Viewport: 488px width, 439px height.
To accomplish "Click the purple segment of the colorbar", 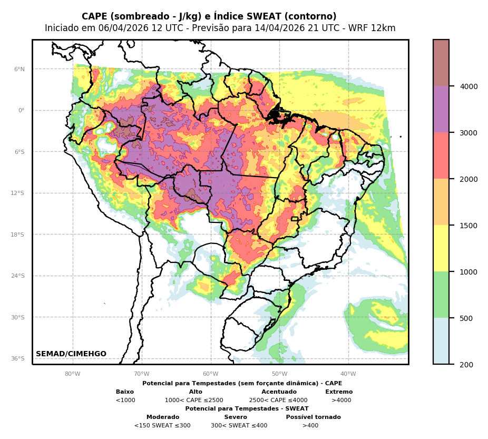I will [x=441, y=109].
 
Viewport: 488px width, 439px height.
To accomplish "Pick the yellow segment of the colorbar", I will [x=441, y=248].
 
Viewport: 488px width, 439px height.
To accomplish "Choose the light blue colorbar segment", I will [x=441, y=341].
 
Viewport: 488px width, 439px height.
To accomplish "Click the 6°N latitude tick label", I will [x=19, y=69].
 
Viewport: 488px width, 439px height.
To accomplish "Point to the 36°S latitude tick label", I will [x=18, y=358].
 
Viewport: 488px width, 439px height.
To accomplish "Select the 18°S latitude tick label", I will [x=18, y=235].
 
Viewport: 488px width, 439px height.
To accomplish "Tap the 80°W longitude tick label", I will [x=73, y=374].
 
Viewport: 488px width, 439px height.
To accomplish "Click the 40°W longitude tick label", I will [x=348, y=374].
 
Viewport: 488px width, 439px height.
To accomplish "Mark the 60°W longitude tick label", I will [x=211, y=374].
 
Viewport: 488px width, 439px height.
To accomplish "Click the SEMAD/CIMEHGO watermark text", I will [x=71, y=354].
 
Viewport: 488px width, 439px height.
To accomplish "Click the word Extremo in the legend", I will [x=339, y=392].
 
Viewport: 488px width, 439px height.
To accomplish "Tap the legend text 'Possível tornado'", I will [x=313, y=417].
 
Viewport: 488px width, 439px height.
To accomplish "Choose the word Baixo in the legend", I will [x=125, y=392].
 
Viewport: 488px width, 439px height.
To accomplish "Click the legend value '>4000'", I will [x=341, y=401].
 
